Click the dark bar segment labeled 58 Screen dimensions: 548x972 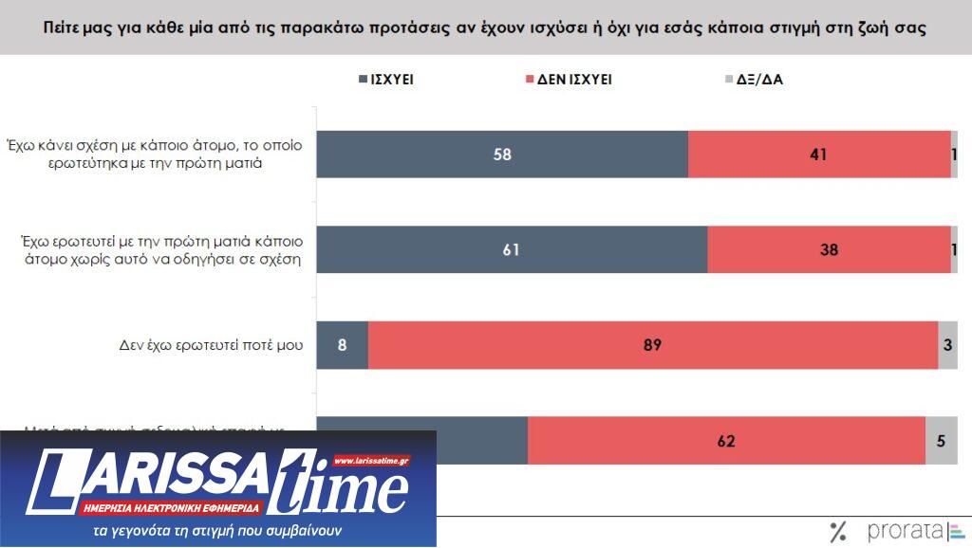click(x=502, y=155)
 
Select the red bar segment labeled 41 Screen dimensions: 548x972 click(x=819, y=155)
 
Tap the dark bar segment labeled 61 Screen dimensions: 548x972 click(x=512, y=250)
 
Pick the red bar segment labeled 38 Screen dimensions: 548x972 click(x=829, y=250)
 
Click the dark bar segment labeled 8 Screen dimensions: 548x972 click(x=342, y=345)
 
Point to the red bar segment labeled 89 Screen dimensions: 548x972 click(x=653, y=345)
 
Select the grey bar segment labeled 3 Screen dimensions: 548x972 click(x=947, y=345)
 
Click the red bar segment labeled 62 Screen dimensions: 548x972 click(x=726, y=440)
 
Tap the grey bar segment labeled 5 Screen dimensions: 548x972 click(x=941, y=440)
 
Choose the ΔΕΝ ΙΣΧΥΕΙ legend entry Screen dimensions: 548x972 click(x=568, y=80)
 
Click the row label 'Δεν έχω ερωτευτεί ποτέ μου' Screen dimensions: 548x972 click(x=204, y=345)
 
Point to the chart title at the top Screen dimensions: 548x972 click(x=485, y=27)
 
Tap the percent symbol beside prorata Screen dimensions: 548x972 click(x=838, y=531)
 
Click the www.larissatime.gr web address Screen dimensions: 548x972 click(x=371, y=461)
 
